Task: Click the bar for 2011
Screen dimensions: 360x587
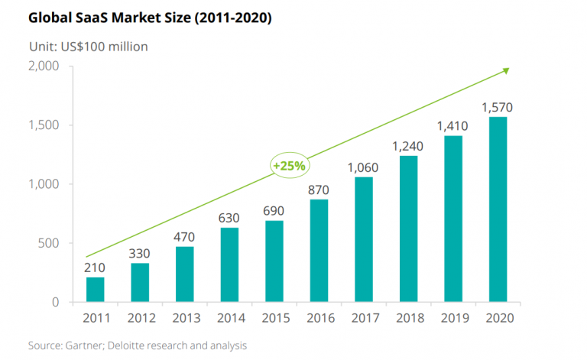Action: coord(96,289)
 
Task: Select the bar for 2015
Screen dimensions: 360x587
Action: coord(273,261)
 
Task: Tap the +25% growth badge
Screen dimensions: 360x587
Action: coord(288,166)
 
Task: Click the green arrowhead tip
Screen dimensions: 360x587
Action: coord(508,70)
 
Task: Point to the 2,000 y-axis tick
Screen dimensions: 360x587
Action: coord(44,66)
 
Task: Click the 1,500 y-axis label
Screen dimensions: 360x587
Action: coord(44,125)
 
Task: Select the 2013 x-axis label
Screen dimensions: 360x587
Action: coord(184,318)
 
